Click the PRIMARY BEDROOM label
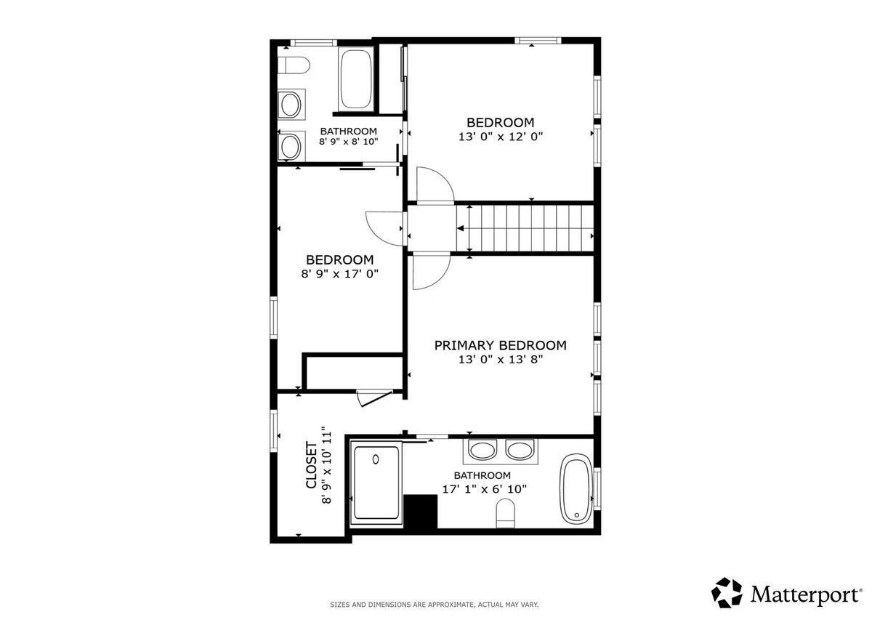pyautogui.click(x=500, y=345)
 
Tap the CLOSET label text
pyautogui.click(x=312, y=465)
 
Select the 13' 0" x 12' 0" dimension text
pyautogui.click(x=500, y=137)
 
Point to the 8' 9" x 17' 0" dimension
pyautogui.click(x=339, y=274)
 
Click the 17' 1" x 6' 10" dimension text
pyautogui.click(x=484, y=489)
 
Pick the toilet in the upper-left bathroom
pyautogui.click(x=294, y=65)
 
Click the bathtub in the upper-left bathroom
pyautogui.click(x=356, y=79)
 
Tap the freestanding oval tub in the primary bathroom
pyautogui.click(x=576, y=489)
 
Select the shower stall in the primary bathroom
pyautogui.click(x=376, y=483)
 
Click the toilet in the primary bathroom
pyautogui.click(x=506, y=514)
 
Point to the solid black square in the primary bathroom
pyautogui.click(x=421, y=512)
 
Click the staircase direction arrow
pyautogui.click(x=461, y=228)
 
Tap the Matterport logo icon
pyautogui.click(x=727, y=593)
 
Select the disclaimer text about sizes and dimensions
pyautogui.click(x=434, y=605)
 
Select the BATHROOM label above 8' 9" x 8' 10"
pyautogui.click(x=348, y=132)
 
